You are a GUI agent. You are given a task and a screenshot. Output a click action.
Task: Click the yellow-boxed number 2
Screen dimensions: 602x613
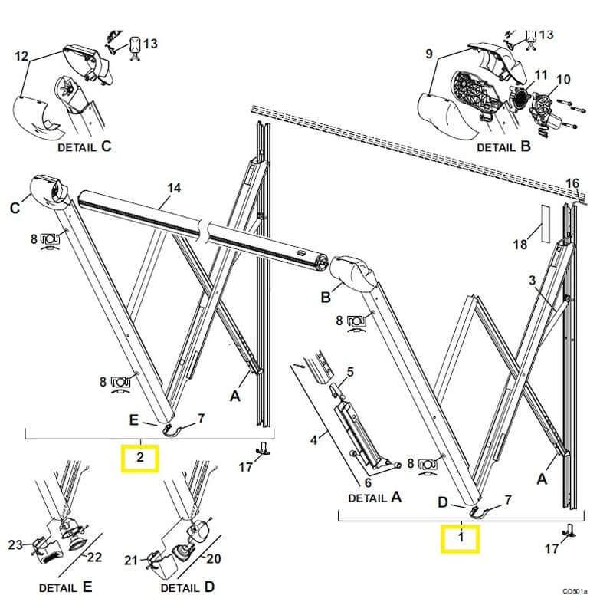[140, 458]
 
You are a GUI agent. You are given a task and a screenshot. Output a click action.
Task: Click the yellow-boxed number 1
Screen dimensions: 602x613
[460, 538]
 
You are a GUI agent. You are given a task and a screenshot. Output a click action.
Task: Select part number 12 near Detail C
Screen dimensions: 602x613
[21, 56]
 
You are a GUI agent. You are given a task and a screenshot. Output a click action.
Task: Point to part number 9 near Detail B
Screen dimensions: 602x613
[428, 54]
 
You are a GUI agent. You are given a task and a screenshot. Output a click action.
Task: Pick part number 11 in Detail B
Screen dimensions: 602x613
[541, 74]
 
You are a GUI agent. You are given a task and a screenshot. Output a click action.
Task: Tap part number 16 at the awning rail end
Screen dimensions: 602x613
[572, 183]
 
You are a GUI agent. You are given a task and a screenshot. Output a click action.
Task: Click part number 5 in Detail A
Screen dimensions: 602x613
[349, 372]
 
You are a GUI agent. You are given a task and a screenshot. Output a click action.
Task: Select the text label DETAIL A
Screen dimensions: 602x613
[375, 496]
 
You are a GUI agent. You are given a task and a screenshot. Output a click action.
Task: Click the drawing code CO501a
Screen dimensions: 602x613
[575, 591]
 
